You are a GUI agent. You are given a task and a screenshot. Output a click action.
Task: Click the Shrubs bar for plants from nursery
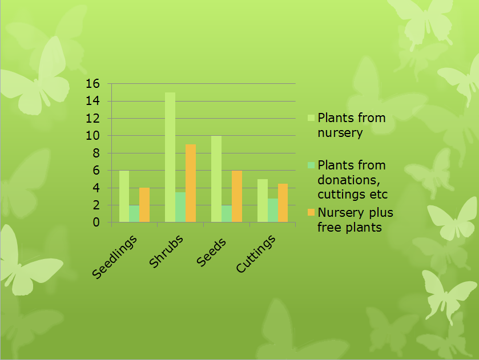click(x=170, y=157)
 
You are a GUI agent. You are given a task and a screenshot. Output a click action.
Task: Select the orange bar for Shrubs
click(x=191, y=183)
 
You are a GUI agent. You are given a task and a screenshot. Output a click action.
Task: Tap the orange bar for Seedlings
click(x=144, y=205)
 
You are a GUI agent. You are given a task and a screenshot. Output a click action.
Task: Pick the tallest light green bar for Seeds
click(x=216, y=179)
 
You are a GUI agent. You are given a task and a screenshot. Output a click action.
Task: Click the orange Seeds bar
click(x=237, y=196)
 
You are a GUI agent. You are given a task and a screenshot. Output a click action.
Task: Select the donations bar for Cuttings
click(x=273, y=211)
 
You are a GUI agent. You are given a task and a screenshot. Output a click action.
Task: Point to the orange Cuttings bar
click(x=283, y=203)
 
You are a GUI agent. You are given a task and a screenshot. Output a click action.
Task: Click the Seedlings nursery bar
click(x=124, y=196)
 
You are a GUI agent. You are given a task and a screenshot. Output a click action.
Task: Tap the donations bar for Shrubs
click(x=180, y=207)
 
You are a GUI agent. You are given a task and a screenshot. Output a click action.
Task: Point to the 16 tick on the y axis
click(x=92, y=83)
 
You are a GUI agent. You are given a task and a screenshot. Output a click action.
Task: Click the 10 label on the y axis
click(x=92, y=136)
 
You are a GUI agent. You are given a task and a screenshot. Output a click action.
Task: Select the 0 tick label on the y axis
click(x=96, y=223)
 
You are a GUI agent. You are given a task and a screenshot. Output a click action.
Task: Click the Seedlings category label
click(x=114, y=257)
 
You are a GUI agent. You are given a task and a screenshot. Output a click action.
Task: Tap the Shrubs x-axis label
click(x=166, y=251)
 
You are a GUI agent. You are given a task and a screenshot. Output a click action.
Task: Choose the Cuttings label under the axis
click(x=256, y=254)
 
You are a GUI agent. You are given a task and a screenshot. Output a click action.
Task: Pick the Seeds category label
click(x=211, y=252)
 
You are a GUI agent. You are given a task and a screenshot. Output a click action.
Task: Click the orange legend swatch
click(x=311, y=212)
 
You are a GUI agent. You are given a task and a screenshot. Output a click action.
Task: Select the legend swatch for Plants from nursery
click(x=311, y=118)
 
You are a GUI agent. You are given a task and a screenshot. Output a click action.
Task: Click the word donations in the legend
click(x=349, y=180)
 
